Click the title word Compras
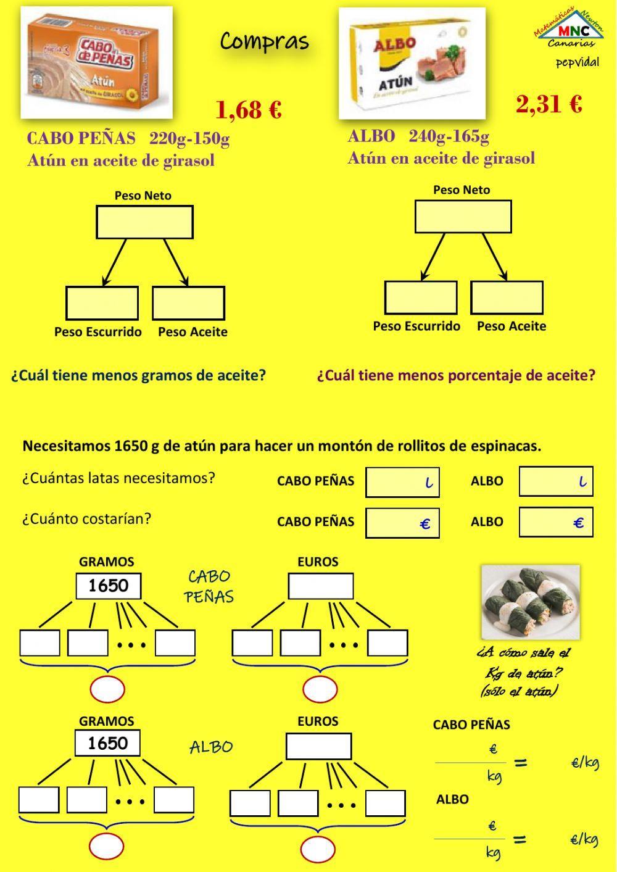coord(264,41)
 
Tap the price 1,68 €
coord(248,110)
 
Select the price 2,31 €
coord(549,104)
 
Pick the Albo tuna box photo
coord(412,63)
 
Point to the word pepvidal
coord(577,63)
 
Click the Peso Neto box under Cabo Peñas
coord(144,222)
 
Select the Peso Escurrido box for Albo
coord(421,297)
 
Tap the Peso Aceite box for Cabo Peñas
coord(188,303)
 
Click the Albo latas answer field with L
coord(555,481)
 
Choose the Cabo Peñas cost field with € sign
coord(402,523)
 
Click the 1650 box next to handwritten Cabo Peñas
coord(108,586)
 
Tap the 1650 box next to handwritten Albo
coord(107,743)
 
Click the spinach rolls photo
coord(530,602)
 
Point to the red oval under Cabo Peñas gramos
coord(107,689)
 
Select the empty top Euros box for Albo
coord(318,746)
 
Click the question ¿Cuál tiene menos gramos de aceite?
coord(138,375)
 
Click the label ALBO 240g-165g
coord(418,136)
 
